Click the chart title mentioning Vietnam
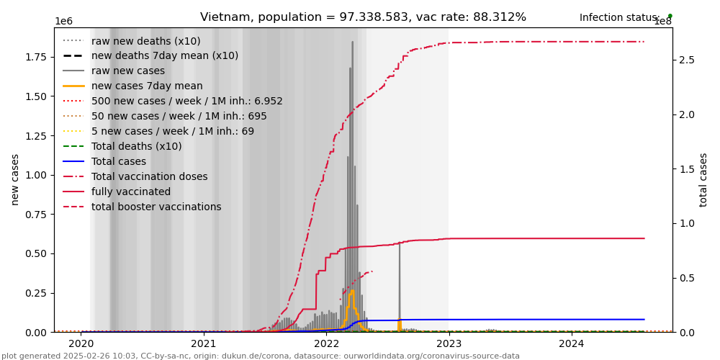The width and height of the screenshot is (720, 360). (363, 17)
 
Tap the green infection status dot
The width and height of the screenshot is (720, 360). (670, 15)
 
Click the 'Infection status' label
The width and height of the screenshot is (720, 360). (619, 18)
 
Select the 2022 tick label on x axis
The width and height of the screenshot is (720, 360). (326, 344)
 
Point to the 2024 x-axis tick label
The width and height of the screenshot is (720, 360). (572, 344)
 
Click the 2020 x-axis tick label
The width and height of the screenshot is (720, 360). (81, 344)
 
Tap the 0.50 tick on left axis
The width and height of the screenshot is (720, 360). (35, 253)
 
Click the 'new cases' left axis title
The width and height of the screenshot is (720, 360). (15, 179)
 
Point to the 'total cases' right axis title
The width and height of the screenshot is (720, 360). (703, 179)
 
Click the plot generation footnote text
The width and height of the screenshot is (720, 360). (261, 356)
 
